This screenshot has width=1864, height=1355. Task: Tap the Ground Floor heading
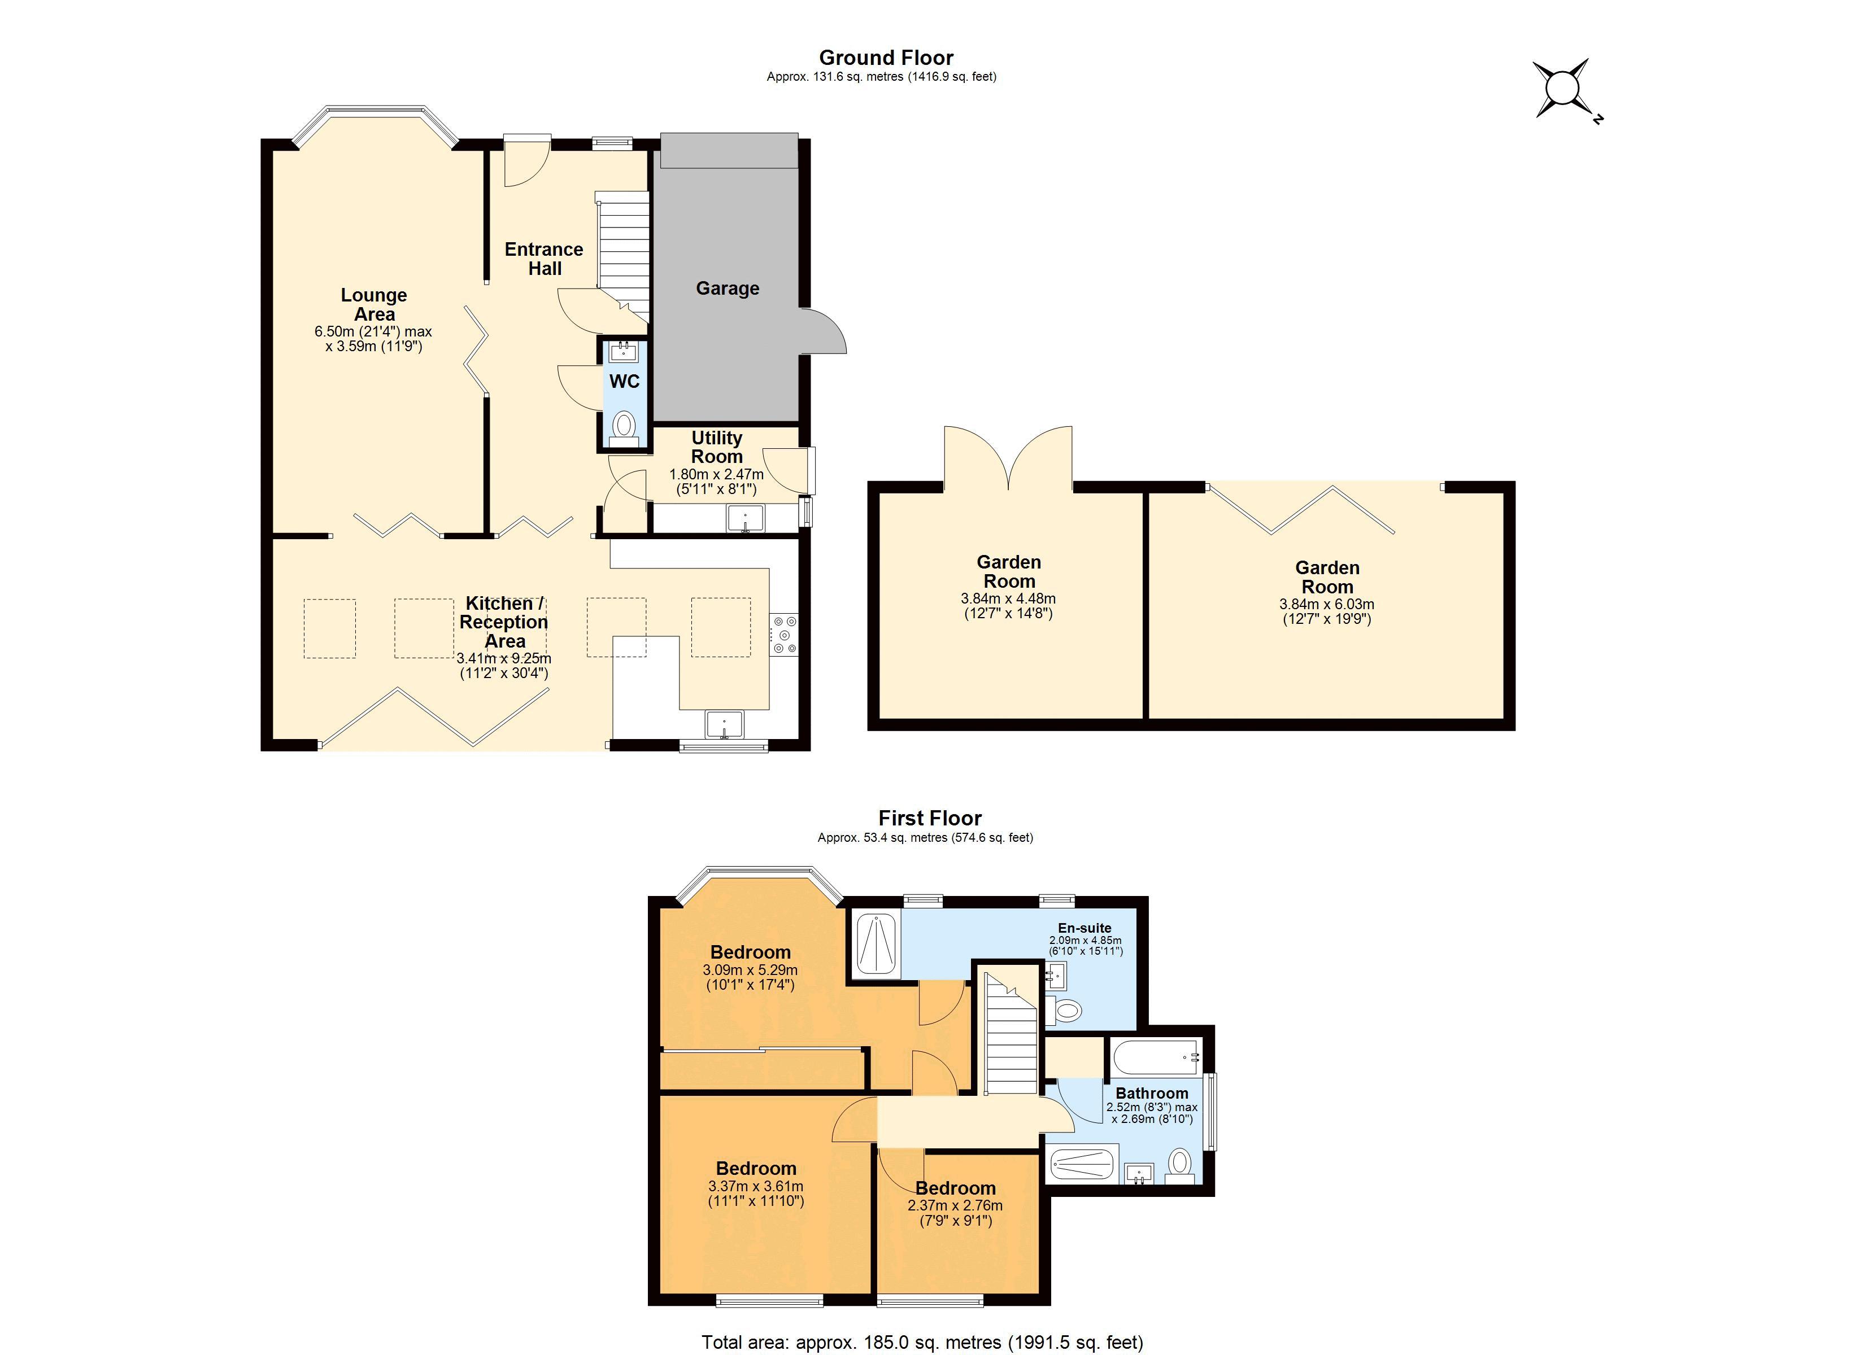click(886, 58)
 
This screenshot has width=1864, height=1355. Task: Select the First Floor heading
click(930, 819)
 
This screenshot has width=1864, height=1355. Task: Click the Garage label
click(728, 289)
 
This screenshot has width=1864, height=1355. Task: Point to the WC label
click(625, 381)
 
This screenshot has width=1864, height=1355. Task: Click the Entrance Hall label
click(544, 259)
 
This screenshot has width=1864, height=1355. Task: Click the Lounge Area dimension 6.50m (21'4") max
click(373, 332)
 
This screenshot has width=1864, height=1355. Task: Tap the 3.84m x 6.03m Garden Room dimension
click(1326, 604)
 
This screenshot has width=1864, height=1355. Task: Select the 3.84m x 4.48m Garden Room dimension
click(1008, 599)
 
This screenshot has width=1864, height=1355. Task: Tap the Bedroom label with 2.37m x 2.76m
click(956, 1188)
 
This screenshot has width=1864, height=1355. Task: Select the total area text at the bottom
click(922, 1343)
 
